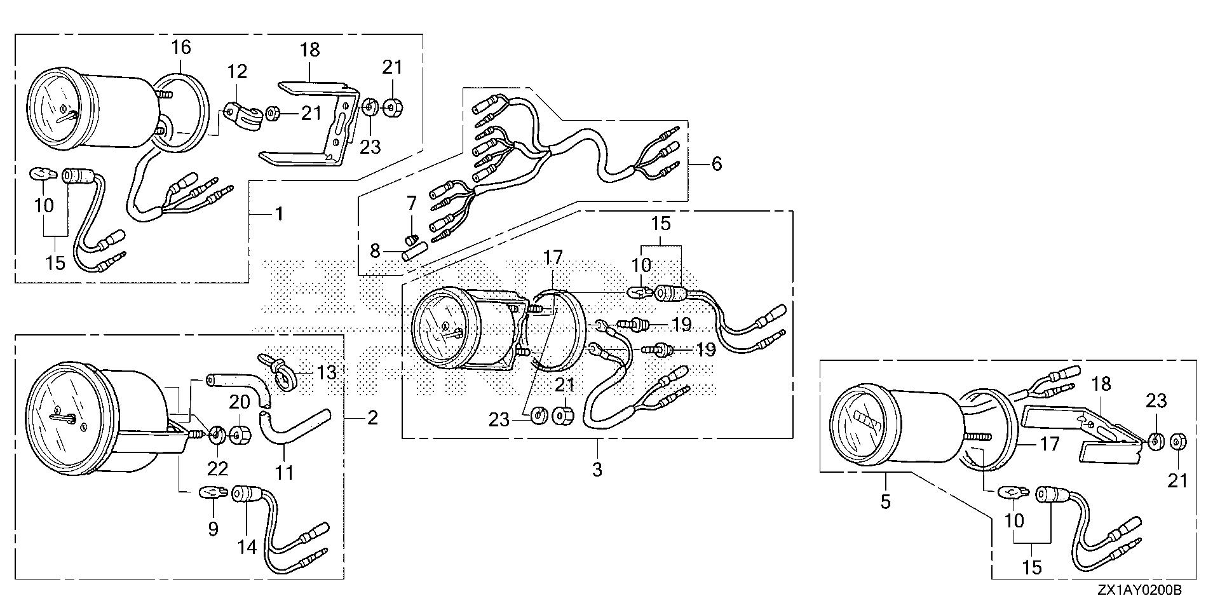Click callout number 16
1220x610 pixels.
pos(180,47)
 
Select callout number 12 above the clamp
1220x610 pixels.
pos(237,71)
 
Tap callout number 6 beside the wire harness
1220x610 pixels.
pos(717,164)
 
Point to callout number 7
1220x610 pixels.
pos(411,203)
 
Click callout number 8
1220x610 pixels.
pos(375,251)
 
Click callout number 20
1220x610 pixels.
pos(240,402)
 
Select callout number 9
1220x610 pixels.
pos(213,528)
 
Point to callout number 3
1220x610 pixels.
pos(597,470)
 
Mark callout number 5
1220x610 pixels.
pos(885,502)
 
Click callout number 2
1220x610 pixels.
pos(372,417)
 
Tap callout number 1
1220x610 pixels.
pos(278,213)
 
